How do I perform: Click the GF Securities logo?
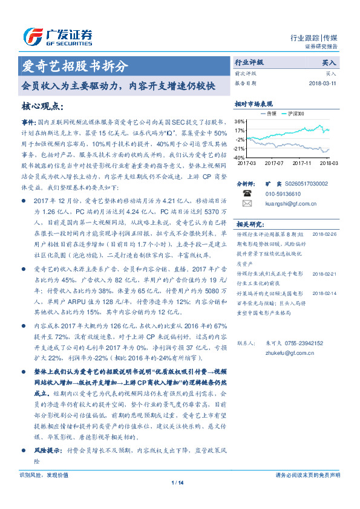57,37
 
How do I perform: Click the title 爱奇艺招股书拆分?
75,66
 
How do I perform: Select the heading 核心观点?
42,106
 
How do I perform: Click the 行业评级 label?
249,62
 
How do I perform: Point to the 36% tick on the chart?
240,121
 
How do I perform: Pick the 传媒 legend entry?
268,113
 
